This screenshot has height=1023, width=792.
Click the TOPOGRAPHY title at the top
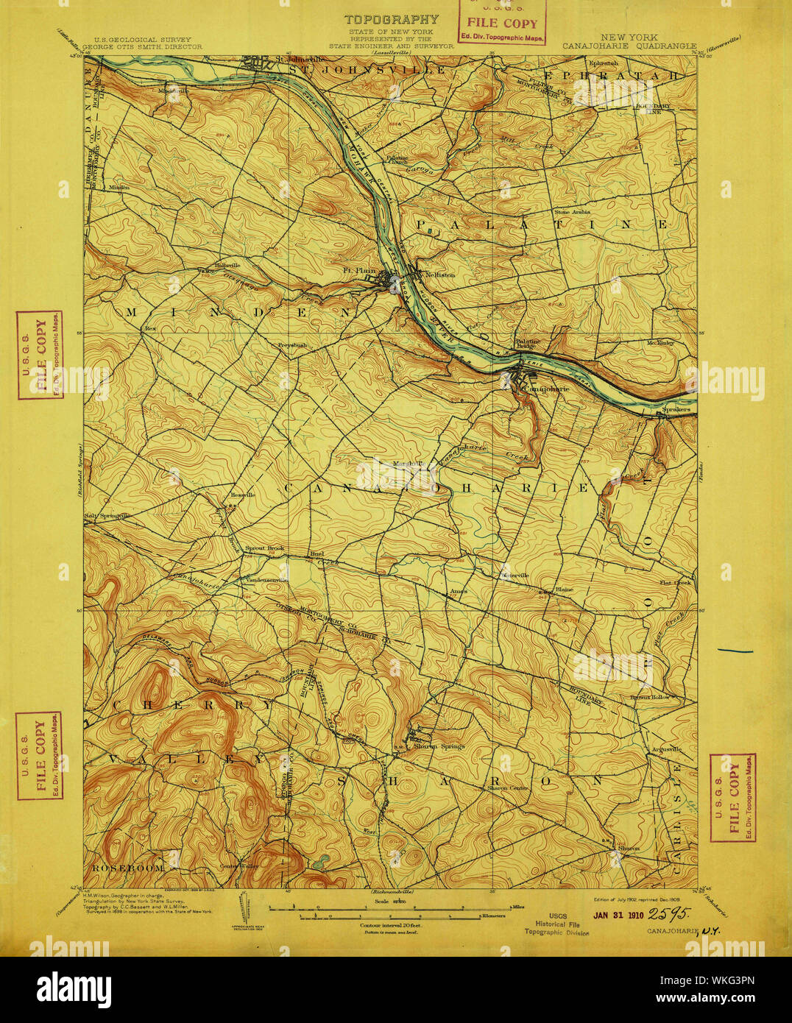(392, 20)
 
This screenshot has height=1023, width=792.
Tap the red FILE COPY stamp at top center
(502, 24)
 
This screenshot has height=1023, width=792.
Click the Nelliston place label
(440, 275)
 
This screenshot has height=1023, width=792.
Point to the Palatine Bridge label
(527, 344)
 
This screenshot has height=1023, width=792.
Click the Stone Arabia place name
(572, 212)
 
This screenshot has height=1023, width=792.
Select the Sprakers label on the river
(675, 408)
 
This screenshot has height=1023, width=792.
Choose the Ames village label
(459, 592)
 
